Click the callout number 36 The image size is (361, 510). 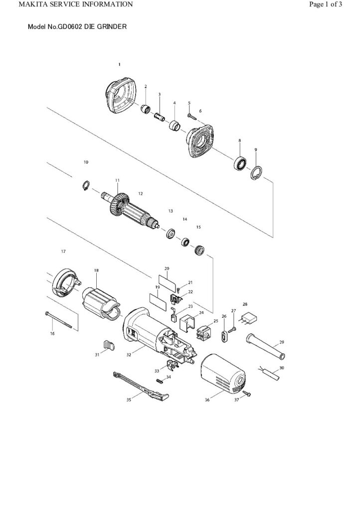coord(207,400)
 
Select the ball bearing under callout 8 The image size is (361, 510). coord(240,163)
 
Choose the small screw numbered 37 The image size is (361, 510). coord(248,393)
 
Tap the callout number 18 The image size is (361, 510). coord(96,270)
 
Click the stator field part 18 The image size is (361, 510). coord(100,303)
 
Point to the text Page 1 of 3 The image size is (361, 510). coord(326,4)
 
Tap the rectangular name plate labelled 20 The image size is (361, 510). coord(167,279)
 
